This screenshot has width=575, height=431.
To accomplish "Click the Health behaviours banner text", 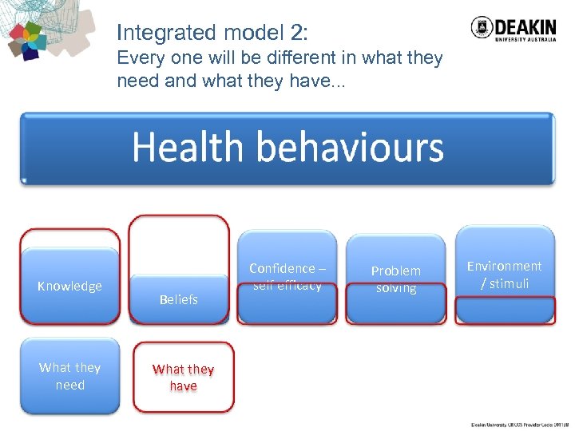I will [287, 148].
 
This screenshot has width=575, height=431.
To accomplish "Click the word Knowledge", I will [69, 287].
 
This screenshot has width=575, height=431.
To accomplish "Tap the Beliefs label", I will [179, 299].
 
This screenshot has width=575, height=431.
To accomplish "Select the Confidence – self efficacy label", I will [287, 277].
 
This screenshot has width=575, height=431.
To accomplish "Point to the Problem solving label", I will [396, 279].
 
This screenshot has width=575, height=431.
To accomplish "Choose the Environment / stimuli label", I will [504, 275].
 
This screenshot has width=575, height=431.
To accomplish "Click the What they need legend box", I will [69, 376].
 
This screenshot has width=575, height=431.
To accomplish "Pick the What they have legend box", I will [183, 378].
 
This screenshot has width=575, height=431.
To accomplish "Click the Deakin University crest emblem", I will [482, 28].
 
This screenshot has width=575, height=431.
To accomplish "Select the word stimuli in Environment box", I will [509, 283].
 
